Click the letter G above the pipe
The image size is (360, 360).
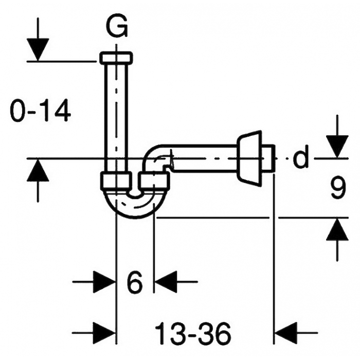pos(117,27)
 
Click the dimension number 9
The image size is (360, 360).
pos(338,188)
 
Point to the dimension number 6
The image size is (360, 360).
pos(135,282)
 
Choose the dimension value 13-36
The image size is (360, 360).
pos(193,333)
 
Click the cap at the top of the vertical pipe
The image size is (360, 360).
pos(116,58)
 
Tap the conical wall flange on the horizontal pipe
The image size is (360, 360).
pos(249,158)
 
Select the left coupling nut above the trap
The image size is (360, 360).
pos(116,182)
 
